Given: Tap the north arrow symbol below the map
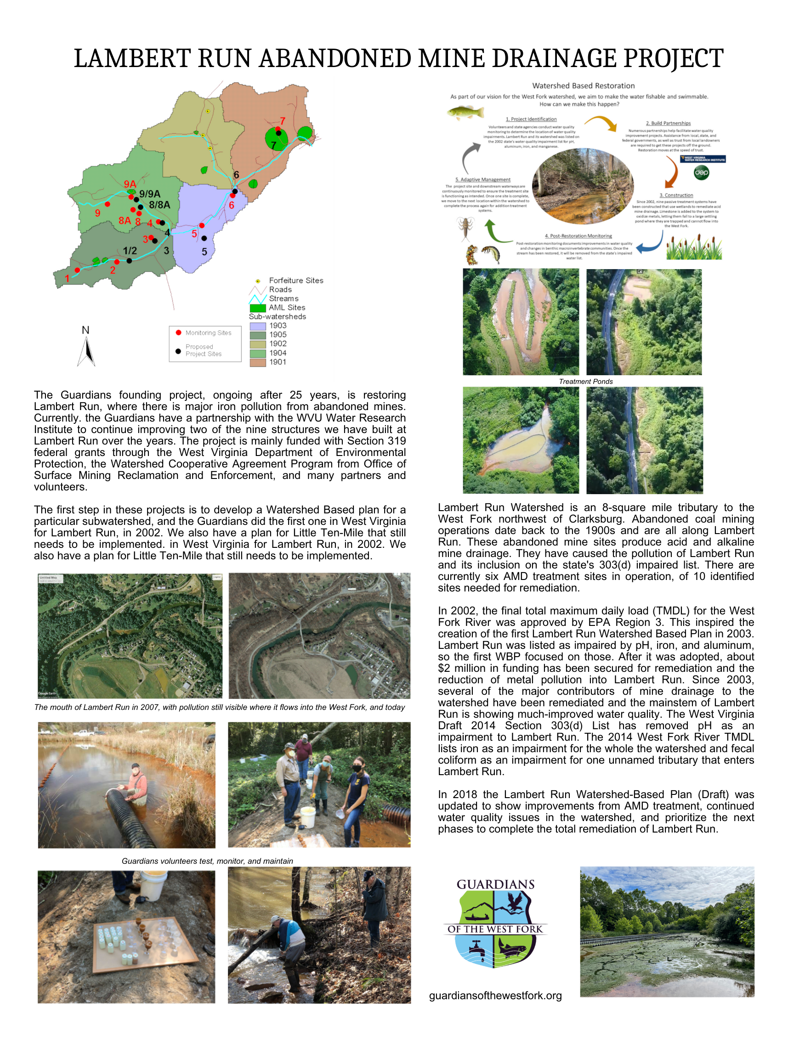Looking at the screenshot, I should [x=86, y=352].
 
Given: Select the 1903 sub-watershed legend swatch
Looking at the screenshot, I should [x=257, y=326].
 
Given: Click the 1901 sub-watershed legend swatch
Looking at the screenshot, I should [x=257, y=362].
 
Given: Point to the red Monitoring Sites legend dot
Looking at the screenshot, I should [x=178, y=332].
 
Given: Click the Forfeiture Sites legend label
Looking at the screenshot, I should [x=296, y=280].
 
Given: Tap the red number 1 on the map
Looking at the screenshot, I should [x=67, y=278].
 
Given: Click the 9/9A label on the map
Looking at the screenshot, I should [x=150, y=194].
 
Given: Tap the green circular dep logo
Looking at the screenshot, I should [x=701, y=173].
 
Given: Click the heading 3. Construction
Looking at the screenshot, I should [x=676, y=195].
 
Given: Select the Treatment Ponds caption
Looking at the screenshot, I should [x=585, y=381].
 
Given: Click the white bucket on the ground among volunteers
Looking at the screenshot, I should [x=307, y=817].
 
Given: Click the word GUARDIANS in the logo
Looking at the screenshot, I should [x=495, y=884].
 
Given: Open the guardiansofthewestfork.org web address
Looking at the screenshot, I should [x=495, y=996].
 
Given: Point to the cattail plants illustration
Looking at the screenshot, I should [x=694, y=248].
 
